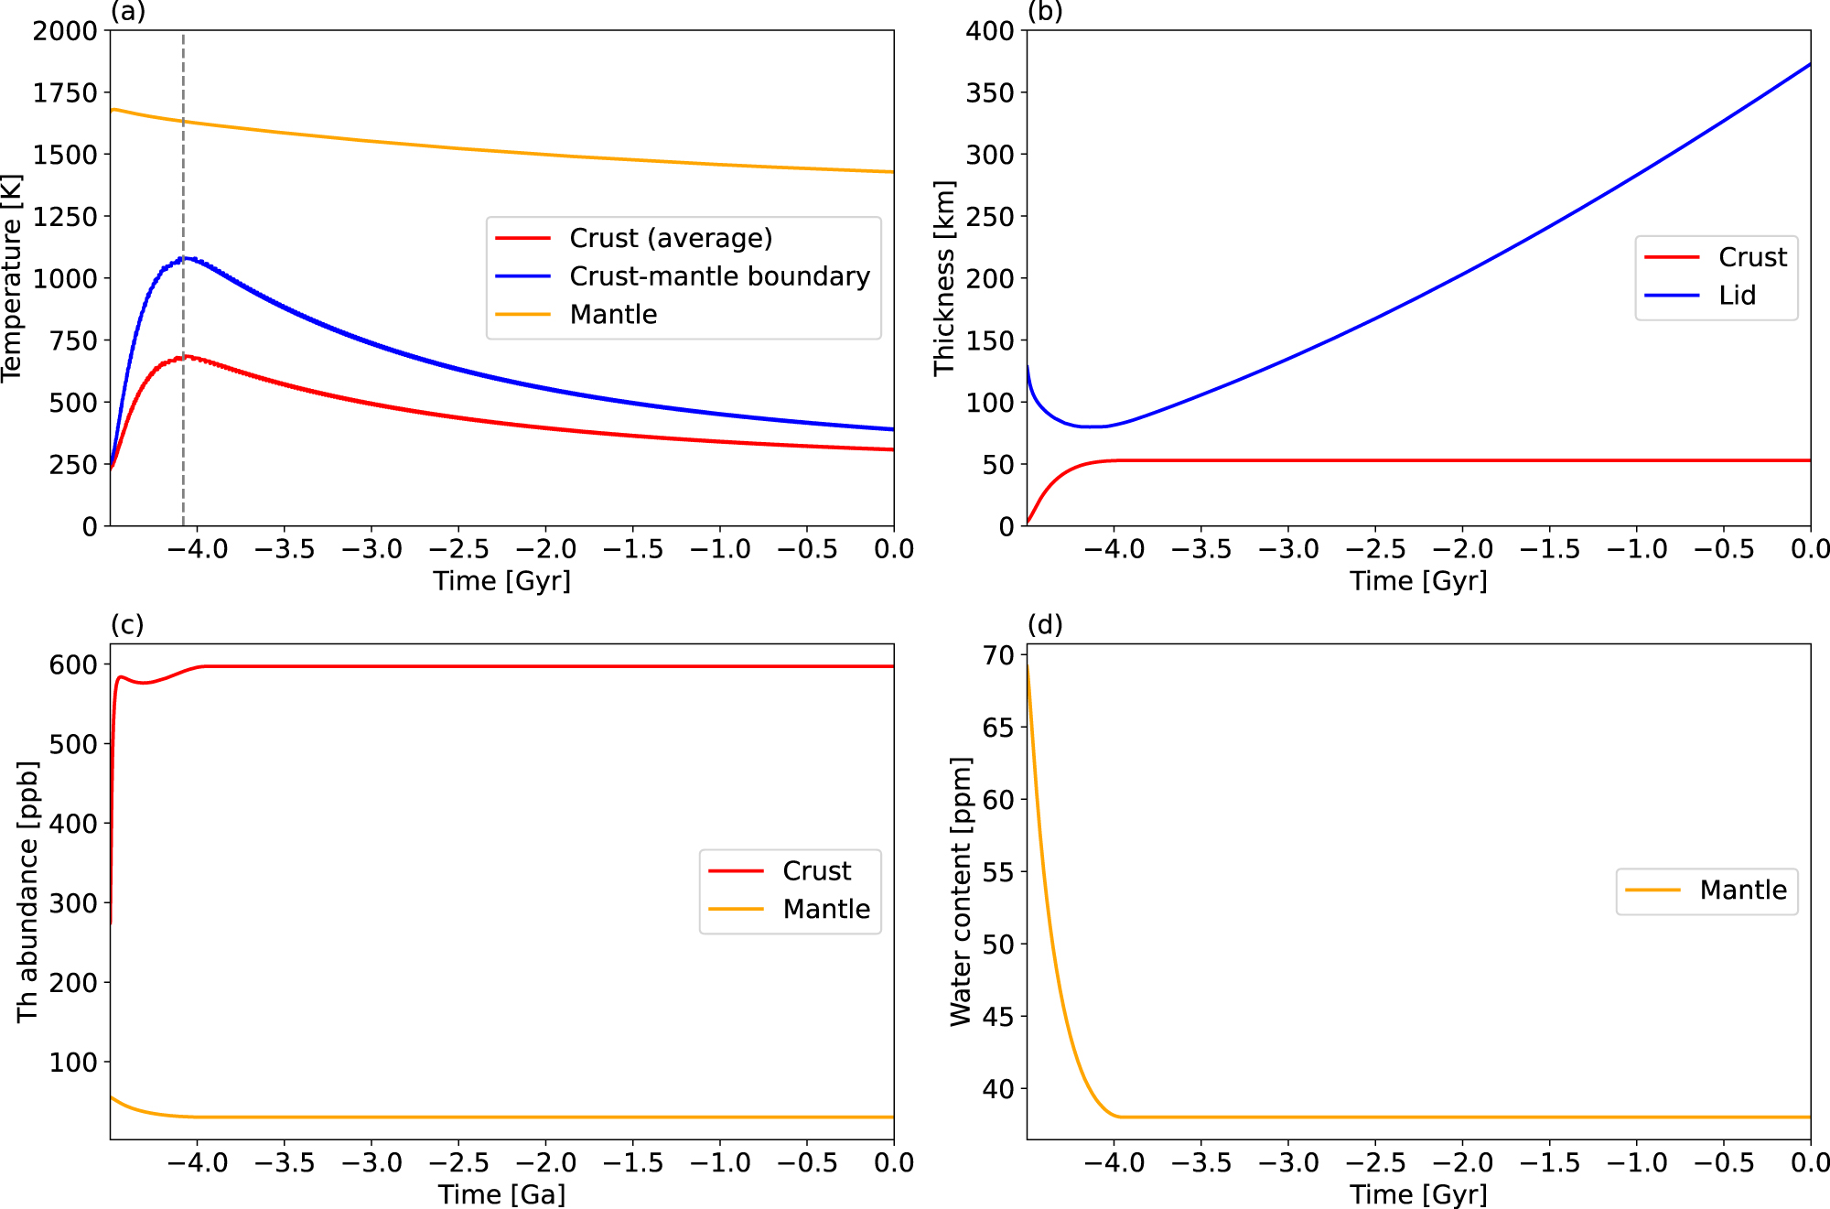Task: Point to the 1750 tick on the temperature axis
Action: (x=65, y=92)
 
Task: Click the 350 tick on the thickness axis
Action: (x=990, y=92)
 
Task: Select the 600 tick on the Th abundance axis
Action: (x=73, y=665)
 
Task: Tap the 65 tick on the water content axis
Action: (x=998, y=728)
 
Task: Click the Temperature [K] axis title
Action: (x=11, y=278)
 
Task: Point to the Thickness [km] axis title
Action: (x=944, y=278)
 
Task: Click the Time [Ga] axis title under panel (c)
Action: (x=501, y=1194)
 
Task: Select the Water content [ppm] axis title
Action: (x=961, y=891)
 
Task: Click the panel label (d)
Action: (x=1045, y=625)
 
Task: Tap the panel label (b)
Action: (x=1045, y=12)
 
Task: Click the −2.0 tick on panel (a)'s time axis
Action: (x=545, y=549)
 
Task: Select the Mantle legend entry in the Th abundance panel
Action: (x=825, y=910)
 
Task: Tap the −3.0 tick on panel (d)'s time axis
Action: (x=1288, y=1163)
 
